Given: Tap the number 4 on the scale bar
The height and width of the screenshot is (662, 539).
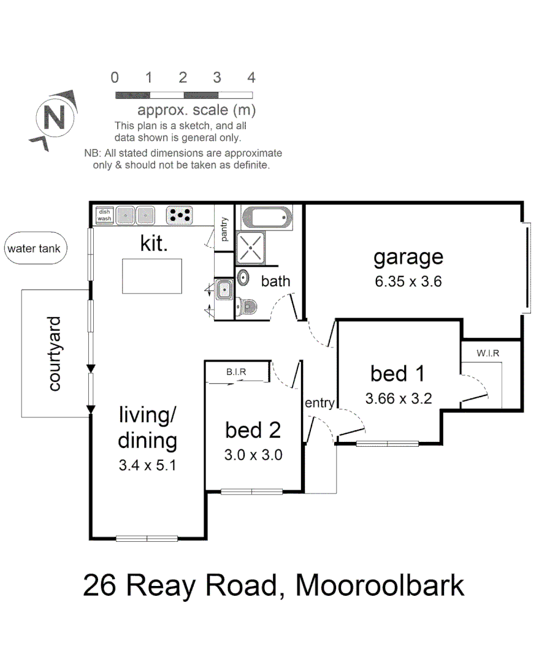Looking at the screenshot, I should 251,78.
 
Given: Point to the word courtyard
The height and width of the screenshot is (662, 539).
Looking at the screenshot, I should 55,354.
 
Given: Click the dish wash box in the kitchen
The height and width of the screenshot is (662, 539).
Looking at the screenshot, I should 104,215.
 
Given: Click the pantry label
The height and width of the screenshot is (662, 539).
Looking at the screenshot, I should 224,229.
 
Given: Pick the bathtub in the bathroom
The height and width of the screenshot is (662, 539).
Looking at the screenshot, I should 267,217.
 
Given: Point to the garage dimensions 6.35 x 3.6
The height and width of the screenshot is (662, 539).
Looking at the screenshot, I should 408,282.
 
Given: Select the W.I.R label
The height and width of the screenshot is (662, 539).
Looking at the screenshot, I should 487,354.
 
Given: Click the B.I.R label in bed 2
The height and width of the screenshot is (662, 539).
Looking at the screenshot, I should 235,371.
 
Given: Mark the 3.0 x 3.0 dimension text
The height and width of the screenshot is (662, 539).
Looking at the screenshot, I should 253,455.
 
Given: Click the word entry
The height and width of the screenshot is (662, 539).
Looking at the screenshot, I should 319,403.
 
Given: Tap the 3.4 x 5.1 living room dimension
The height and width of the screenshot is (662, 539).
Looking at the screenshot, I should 148,465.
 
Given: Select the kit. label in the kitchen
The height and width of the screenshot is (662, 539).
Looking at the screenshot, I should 154,243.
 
